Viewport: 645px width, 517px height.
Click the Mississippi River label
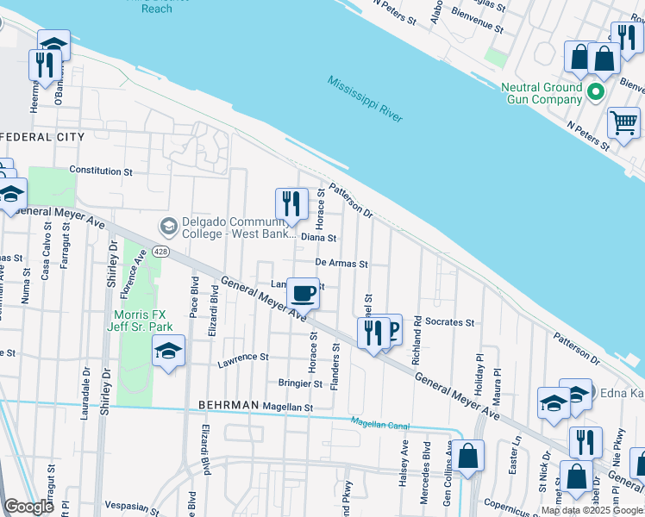pos(365,99)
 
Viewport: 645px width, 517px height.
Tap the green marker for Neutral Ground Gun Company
pos(595,91)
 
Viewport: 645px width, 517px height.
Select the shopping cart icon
pos(623,121)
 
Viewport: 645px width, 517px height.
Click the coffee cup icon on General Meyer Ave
pos(303,293)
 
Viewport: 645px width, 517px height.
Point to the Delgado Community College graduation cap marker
pos(168,227)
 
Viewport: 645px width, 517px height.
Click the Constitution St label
pos(101,171)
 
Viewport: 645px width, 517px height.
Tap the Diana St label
pos(318,238)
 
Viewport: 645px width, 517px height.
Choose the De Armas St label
pos(341,264)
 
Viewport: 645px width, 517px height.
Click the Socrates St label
pos(449,322)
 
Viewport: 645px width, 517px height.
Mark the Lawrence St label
pos(243,357)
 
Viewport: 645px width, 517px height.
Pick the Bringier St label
pos(299,383)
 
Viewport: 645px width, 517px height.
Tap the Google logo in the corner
pos(28,506)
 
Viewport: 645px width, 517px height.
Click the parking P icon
pos(393,328)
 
